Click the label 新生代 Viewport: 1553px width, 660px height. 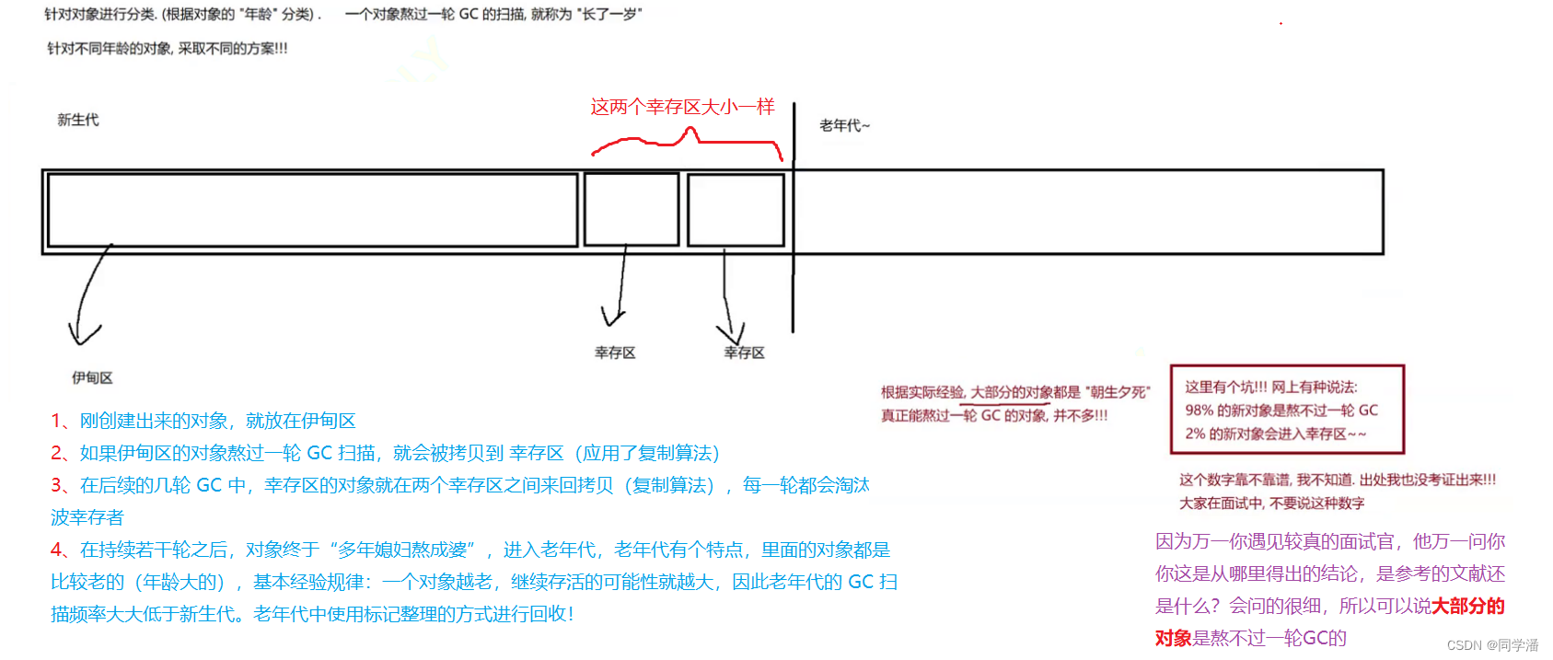[77, 120]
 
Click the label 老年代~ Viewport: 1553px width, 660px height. [844, 125]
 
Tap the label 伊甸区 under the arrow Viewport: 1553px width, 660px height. [92, 377]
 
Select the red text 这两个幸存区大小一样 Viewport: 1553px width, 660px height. [682, 107]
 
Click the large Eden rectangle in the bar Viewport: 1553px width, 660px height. [312, 210]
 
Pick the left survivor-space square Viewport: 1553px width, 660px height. [632, 210]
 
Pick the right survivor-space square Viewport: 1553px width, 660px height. [736, 210]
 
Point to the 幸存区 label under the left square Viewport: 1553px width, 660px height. [615, 353]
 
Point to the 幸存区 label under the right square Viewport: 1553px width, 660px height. [744, 353]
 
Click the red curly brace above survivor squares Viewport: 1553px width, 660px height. [686, 141]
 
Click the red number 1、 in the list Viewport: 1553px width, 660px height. [63, 421]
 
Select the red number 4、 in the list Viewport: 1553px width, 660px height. [63, 550]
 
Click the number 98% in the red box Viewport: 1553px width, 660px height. [1199, 411]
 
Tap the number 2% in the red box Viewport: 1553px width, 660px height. [1194, 434]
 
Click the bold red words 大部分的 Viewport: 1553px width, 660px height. [1467, 606]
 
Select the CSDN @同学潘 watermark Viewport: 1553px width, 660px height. [1492, 645]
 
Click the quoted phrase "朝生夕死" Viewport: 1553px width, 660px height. [1118, 392]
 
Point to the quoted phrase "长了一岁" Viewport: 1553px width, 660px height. [609, 14]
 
